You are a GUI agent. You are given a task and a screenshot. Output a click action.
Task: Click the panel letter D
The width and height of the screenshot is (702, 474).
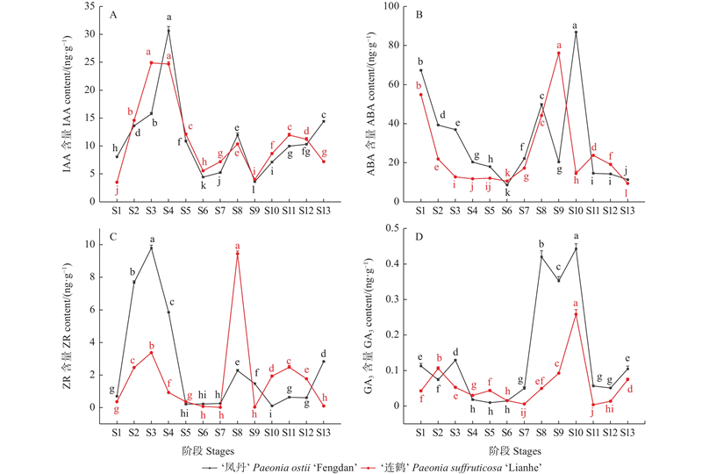pyautogui.click(x=419, y=235)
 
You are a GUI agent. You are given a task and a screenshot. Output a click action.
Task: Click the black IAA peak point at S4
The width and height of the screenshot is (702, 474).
pyautogui.click(x=168, y=30)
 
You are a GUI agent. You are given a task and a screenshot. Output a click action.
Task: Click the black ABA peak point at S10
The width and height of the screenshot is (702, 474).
pyautogui.click(x=576, y=32)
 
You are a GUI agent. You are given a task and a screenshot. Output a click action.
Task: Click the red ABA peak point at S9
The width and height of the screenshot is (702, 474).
pyautogui.click(x=558, y=53)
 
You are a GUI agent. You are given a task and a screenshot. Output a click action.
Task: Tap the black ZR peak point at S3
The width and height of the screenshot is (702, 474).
pyautogui.click(x=151, y=248)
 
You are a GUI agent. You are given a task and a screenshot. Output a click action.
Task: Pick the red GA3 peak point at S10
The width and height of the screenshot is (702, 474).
pyautogui.click(x=576, y=313)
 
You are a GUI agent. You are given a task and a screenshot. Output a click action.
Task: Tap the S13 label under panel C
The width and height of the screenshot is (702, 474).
pyautogui.click(x=323, y=432)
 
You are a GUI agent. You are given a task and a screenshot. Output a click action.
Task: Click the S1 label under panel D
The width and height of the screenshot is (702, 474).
pyautogui.click(x=420, y=432)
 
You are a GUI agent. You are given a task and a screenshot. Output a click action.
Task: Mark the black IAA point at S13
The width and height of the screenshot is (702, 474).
pyautogui.click(x=323, y=121)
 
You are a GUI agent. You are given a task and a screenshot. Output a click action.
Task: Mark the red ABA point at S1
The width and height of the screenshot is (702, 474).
pyautogui.click(x=420, y=95)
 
